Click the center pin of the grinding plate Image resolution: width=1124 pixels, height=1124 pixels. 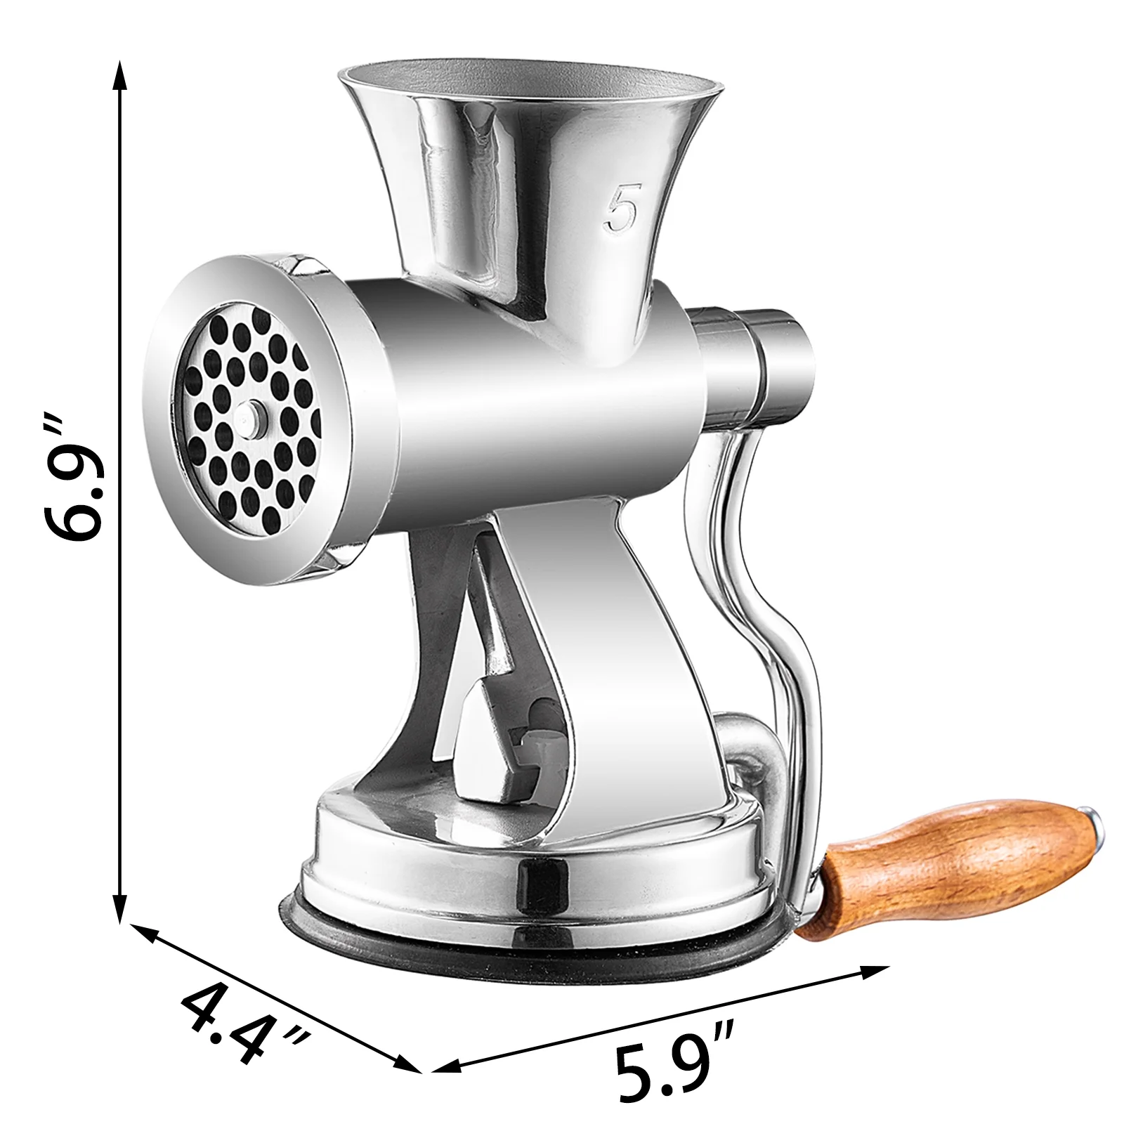click(249, 416)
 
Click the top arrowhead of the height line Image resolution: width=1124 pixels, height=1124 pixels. click(121, 74)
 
